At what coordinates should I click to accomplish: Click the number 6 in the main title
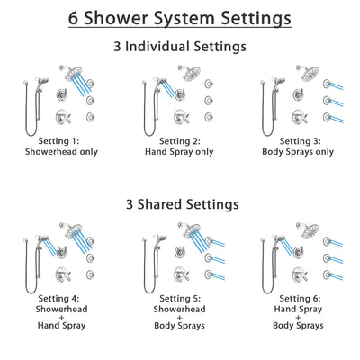coord(76,17)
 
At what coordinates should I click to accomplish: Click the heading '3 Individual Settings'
coord(180,47)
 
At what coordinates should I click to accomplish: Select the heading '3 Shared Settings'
coord(180,204)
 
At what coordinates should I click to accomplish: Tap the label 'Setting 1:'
coord(63,141)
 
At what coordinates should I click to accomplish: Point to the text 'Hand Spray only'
coord(180,152)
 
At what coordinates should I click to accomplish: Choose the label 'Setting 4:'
coord(63,299)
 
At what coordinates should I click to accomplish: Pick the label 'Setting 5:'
coord(180,299)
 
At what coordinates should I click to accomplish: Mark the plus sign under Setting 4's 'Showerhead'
coord(63,320)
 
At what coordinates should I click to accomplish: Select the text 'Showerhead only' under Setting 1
coord(63,152)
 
